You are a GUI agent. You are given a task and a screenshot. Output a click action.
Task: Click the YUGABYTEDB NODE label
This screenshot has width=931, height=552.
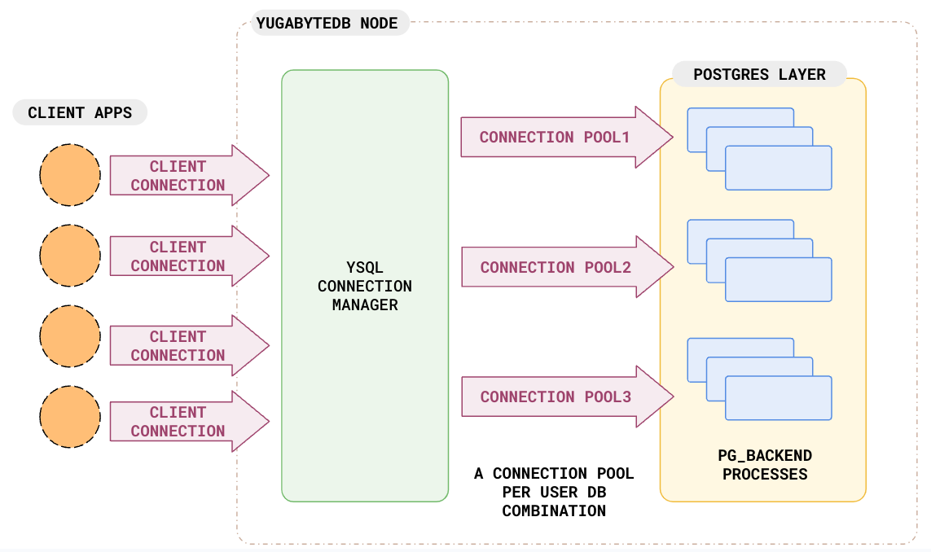pyautogui.click(x=327, y=23)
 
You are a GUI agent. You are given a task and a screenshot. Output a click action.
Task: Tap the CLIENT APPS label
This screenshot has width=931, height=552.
pyautogui.click(x=80, y=112)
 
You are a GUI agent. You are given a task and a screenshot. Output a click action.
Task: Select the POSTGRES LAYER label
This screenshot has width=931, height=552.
pyautogui.click(x=759, y=75)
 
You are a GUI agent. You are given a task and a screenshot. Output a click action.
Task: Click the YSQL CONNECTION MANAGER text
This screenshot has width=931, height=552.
pyautogui.click(x=365, y=286)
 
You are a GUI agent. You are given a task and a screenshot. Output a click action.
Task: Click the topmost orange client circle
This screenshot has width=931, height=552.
pyautogui.click(x=70, y=175)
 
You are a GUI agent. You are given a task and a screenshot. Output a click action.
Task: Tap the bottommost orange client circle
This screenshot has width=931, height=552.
pyautogui.click(x=70, y=417)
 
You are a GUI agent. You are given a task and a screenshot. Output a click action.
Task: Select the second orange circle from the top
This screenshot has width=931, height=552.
pyautogui.click(x=70, y=256)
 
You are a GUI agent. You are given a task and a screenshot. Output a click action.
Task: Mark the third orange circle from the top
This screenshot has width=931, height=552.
pyautogui.click(x=70, y=336)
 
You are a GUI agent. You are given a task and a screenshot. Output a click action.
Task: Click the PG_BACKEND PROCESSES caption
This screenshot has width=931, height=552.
pyautogui.click(x=765, y=465)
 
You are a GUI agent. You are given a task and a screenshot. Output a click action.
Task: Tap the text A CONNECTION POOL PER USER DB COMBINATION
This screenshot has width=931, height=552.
pyautogui.click(x=554, y=492)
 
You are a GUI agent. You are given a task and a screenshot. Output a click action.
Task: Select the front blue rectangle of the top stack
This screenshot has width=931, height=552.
pyautogui.click(x=778, y=168)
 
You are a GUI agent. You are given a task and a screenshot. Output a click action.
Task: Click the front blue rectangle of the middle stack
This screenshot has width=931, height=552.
pyautogui.click(x=778, y=279)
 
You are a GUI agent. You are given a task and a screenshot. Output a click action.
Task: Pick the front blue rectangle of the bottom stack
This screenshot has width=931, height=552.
pyautogui.click(x=778, y=398)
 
